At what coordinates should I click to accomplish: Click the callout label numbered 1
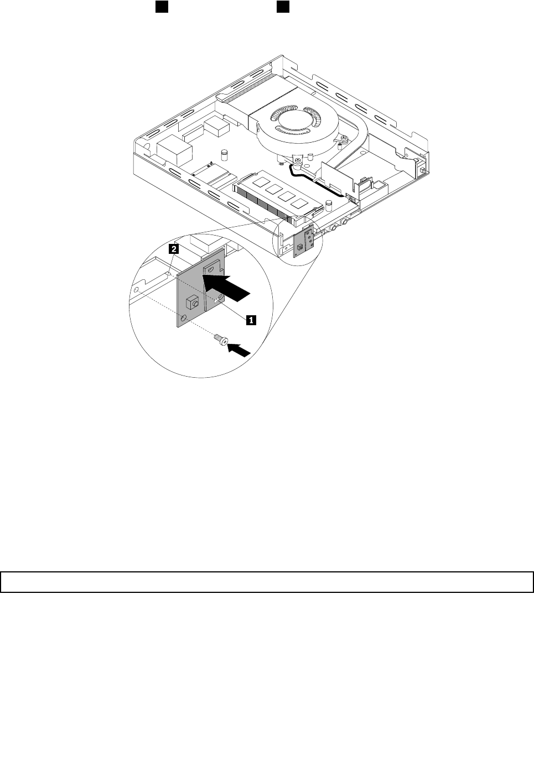[x=251, y=319]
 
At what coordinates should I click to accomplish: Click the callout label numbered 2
[x=174, y=249]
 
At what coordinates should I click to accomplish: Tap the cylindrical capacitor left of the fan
[x=225, y=153]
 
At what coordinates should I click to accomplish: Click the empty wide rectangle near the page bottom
[x=267, y=582]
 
